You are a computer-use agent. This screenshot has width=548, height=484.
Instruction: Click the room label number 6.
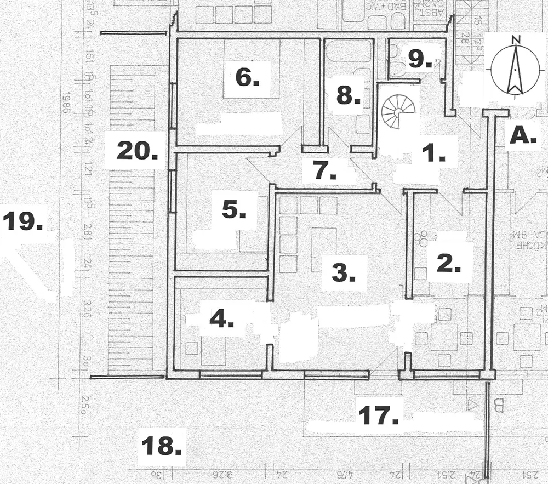tap(247, 78)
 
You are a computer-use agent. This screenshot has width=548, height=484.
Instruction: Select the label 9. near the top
tap(420, 59)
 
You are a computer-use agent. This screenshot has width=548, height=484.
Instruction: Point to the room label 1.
tap(437, 155)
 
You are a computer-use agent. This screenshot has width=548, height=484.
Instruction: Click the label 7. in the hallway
tap(325, 170)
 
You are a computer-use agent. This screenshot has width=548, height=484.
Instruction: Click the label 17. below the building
tap(378, 415)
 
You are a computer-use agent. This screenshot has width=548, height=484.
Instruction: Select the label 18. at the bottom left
tap(161, 446)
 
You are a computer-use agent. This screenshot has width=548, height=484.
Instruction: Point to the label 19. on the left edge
tap(22, 222)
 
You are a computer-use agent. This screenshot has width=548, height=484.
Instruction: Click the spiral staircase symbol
tap(397, 111)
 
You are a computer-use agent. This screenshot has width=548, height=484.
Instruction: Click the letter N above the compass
tap(515, 39)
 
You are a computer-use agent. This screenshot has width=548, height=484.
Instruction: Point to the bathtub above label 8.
tap(349, 53)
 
